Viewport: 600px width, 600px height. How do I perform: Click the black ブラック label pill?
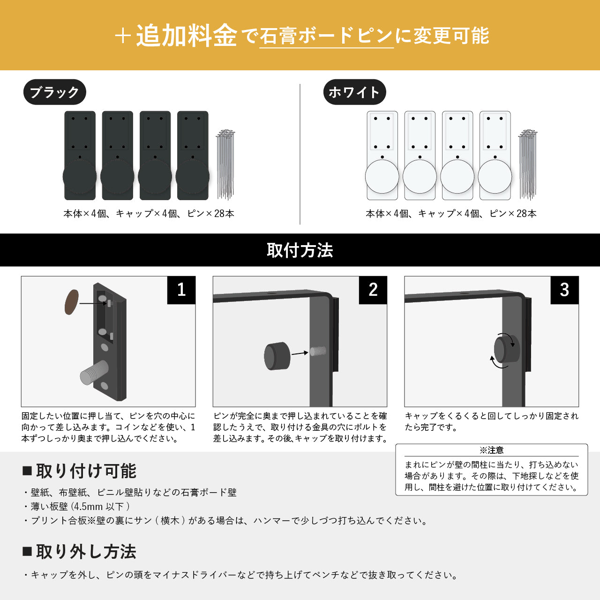pyautogui.click(x=54, y=92)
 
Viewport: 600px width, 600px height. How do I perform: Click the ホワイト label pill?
pyautogui.click(x=355, y=92)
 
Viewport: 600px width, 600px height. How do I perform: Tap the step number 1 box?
pyautogui.click(x=181, y=290)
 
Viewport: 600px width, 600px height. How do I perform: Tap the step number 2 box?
pyautogui.click(x=373, y=290)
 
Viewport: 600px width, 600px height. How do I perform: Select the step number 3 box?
pyautogui.click(x=564, y=290)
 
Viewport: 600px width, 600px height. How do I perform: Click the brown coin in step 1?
pyautogui.click(x=72, y=302)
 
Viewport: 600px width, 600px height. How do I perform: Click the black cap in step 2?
pyautogui.click(x=277, y=356)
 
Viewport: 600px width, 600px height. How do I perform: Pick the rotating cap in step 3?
pyautogui.click(x=507, y=349)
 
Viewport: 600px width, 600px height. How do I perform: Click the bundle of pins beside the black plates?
pyautogui.click(x=225, y=165)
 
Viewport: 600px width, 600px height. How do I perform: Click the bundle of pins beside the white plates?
pyautogui.click(x=528, y=165)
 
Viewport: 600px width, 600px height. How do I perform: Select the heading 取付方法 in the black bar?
pyautogui.click(x=300, y=250)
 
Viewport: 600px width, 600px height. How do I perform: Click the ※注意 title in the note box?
pyautogui.click(x=491, y=450)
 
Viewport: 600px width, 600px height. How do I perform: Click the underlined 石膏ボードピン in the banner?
pyautogui.click(x=326, y=36)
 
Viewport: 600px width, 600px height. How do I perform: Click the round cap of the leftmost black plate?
pyautogui.click(x=80, y=176)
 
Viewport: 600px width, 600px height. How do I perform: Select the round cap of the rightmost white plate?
pyautogui.click(x=495, y=176)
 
